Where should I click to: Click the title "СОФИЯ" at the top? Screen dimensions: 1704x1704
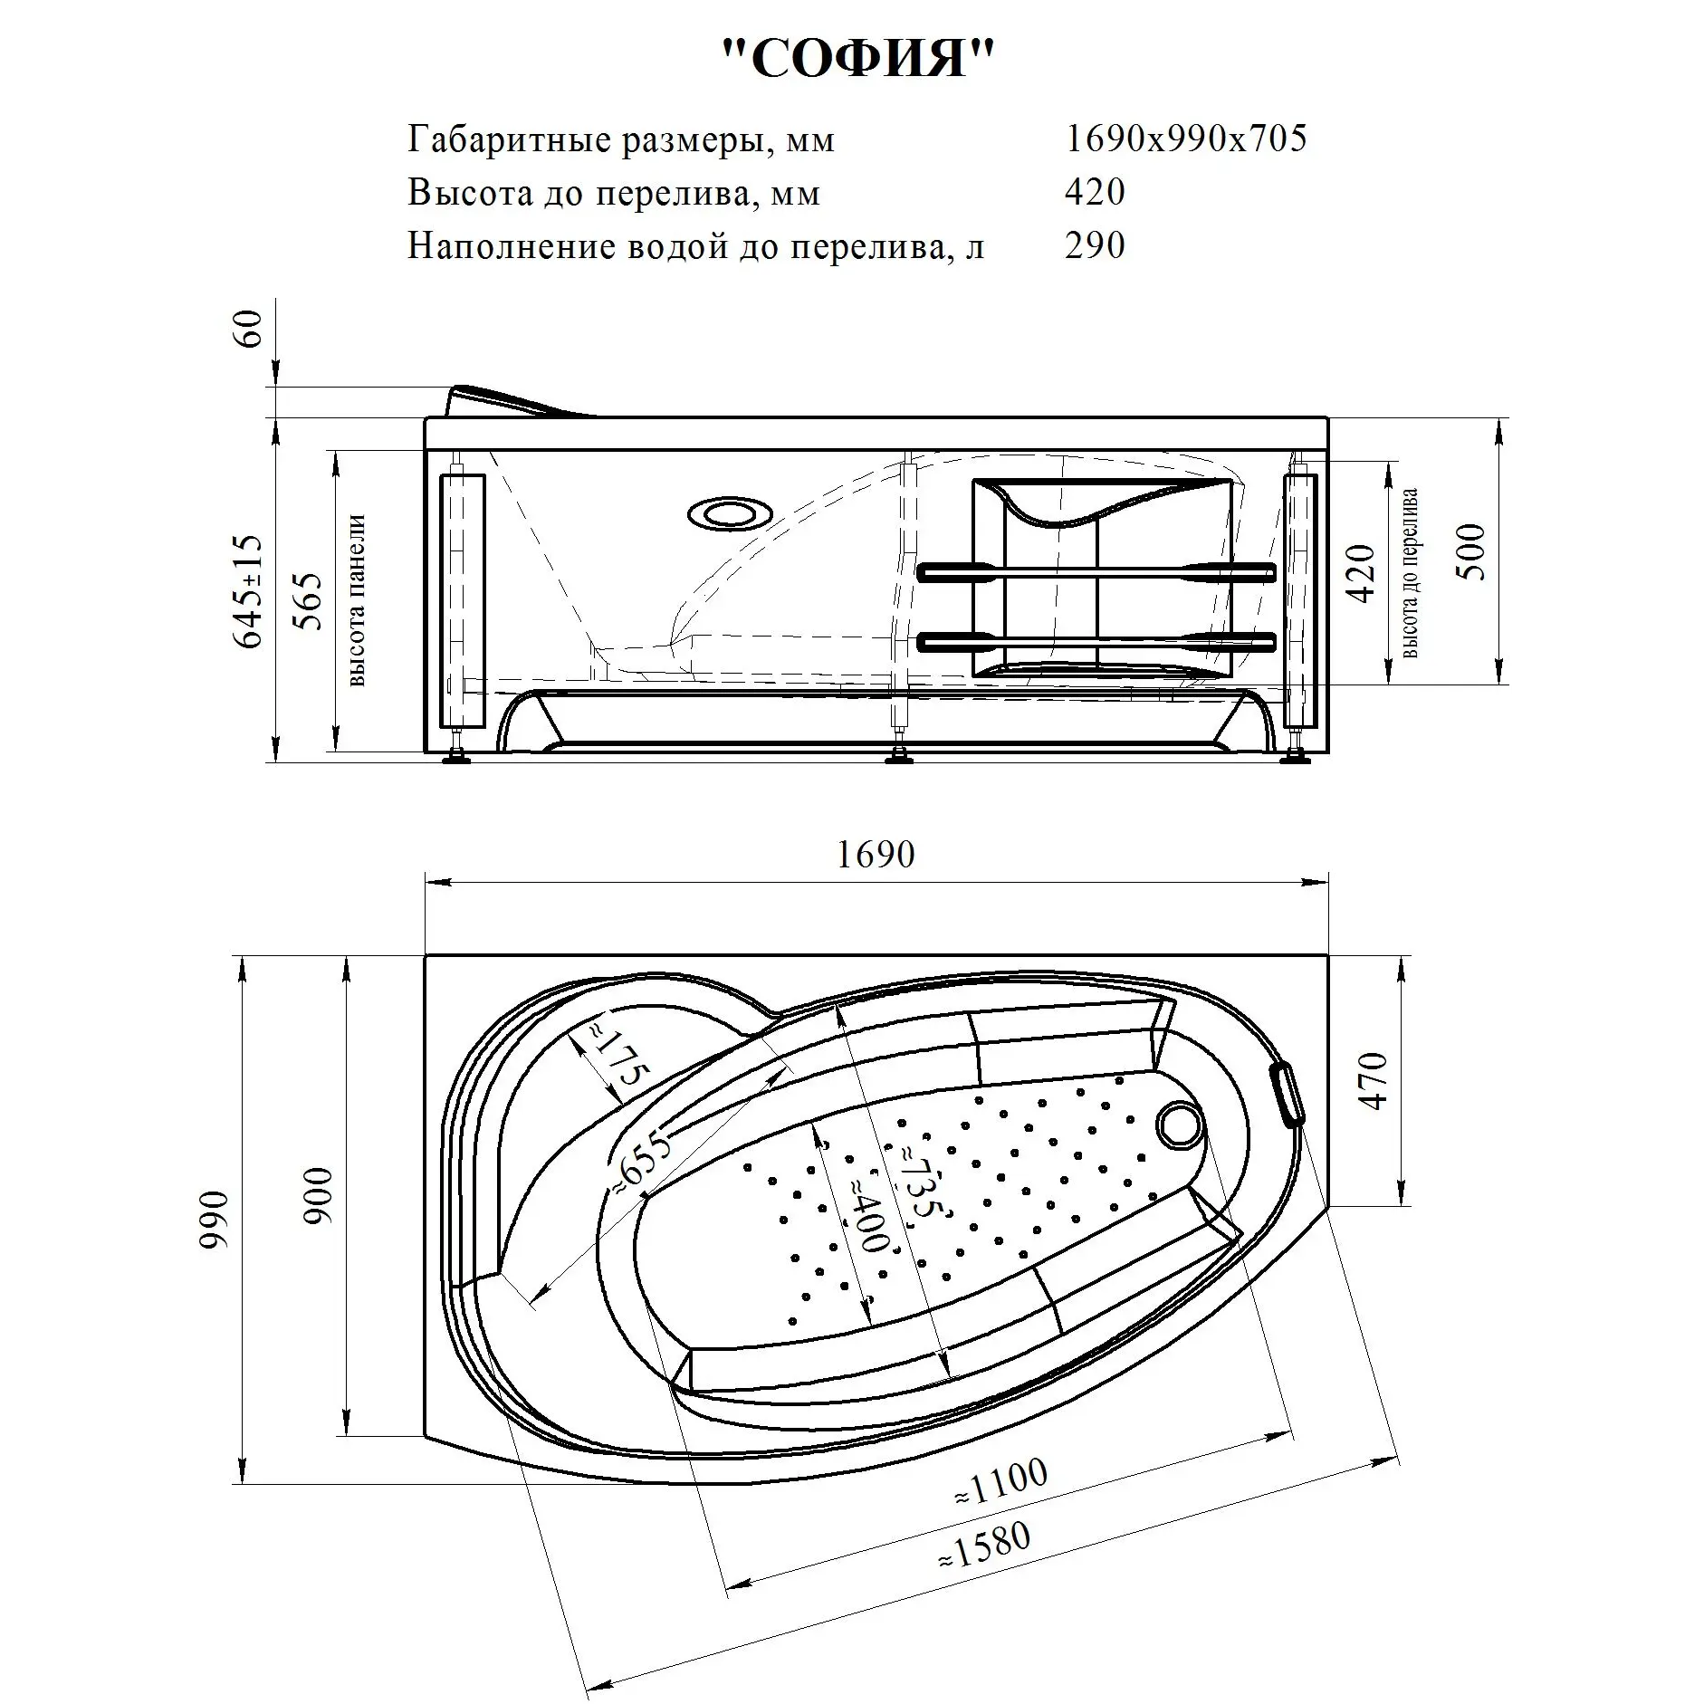coord(858,61)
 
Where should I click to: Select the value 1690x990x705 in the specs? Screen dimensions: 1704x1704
coord(1186,139)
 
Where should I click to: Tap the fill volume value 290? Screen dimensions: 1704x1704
coord(1095,245)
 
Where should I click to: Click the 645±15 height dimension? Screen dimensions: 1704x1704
coord(249,591)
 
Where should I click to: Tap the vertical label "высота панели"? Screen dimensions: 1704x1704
coord(357,600)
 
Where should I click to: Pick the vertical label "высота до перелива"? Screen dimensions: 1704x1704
coord(1410,572)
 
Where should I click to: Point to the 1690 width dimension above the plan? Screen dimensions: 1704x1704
coord(876,855)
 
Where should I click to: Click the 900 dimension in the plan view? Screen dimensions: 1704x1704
coord(319,1196)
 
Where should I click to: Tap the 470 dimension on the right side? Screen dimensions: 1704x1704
coord(1374,1081)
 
